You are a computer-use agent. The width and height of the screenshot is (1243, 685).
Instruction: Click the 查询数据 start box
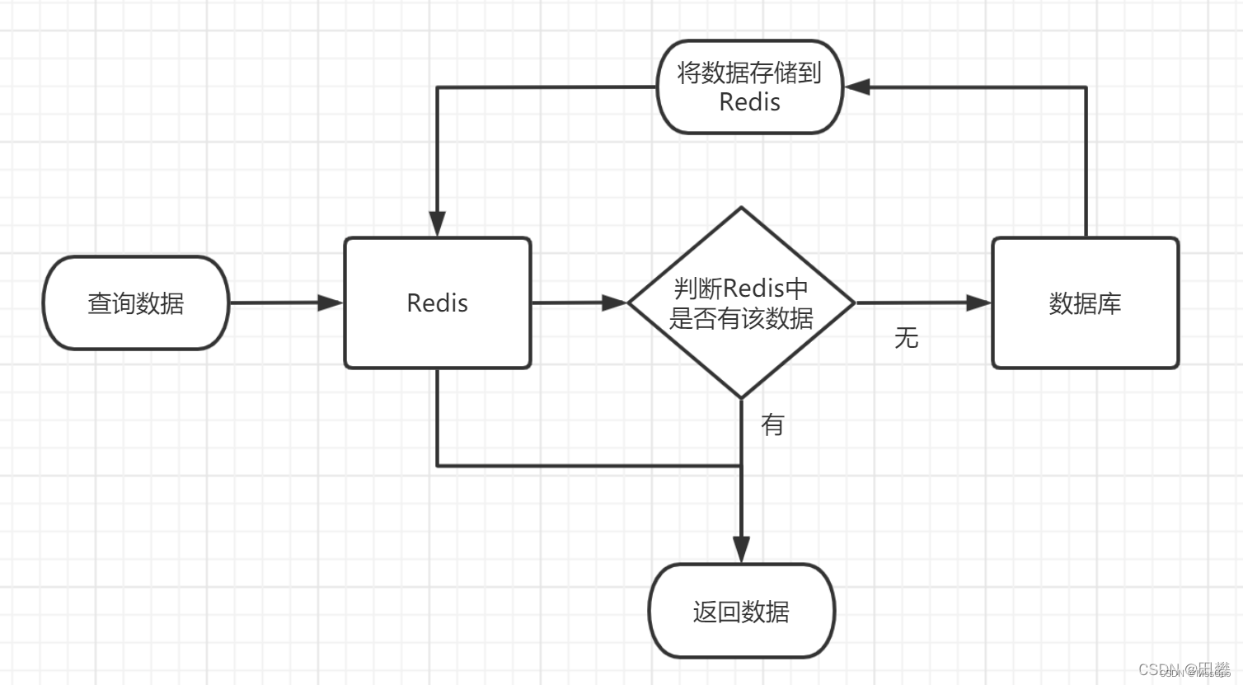[136, 303]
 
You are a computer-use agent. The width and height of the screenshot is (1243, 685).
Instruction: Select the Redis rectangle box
[437, 303]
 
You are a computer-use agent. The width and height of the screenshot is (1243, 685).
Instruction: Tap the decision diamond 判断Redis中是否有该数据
[741, 303]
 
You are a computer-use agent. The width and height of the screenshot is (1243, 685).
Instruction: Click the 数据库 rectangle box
[1085, 303]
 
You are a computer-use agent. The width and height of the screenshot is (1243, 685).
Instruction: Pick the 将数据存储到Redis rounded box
[749, 87]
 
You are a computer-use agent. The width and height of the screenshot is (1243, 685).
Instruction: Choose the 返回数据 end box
[741, 612]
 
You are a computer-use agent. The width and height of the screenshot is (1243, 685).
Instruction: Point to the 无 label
[906, 337]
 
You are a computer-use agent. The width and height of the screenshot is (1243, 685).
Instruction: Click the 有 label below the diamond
[772, 425]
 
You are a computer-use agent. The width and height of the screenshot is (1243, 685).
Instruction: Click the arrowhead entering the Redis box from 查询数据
[331, 303]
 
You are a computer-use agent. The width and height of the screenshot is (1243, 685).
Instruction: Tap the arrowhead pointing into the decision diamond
[615, 303]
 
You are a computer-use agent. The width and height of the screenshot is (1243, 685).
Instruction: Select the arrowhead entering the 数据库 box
[978, 303]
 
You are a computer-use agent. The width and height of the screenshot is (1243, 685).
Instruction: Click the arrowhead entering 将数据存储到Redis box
[857, 87]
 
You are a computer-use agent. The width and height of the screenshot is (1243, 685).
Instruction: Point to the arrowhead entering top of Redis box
[437, 223]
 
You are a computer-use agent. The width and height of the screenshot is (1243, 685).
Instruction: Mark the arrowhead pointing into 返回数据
[741, 550]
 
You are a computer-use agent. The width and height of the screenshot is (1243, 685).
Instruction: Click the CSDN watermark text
[1184, 669]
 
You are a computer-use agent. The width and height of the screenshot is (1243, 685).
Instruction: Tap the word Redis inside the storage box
[749, 102]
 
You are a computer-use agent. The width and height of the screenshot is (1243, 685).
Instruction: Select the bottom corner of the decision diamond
[741, 397]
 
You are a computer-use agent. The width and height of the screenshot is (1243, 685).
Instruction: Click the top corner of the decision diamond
[741, 209]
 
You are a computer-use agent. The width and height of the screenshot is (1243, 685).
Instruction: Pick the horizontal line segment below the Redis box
[589, 466]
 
